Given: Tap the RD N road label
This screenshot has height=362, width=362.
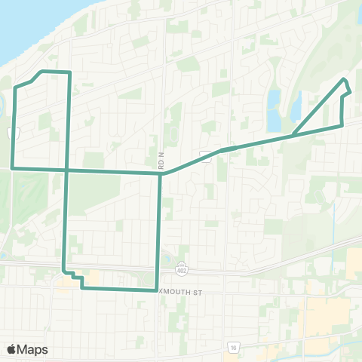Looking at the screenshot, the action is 161,160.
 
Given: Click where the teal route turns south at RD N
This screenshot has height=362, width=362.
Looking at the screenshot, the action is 161,173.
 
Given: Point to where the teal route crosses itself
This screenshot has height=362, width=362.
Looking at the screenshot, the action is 67,170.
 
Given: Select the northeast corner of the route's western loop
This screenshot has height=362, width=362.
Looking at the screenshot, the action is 69,72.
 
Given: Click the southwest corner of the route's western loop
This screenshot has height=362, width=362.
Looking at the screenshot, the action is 13,167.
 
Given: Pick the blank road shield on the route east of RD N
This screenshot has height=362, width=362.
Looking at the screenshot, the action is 204,155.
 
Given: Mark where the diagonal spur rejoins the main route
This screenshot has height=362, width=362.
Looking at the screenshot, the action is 293,136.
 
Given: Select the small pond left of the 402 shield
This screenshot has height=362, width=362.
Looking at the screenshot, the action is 167,261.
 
